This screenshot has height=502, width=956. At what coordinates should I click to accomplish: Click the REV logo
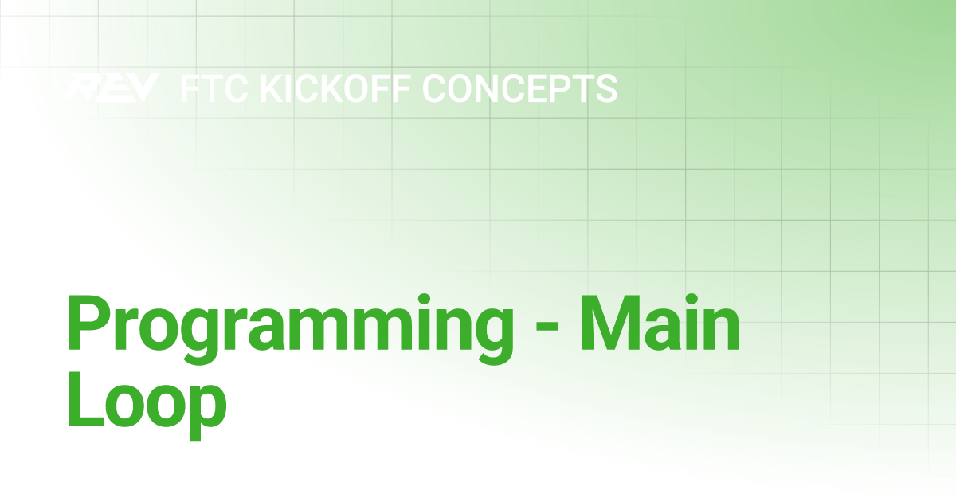click(112, 88)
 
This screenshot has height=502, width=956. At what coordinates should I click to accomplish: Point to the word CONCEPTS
click(520, 88)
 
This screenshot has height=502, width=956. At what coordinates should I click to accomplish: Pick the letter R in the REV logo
click(84, 88)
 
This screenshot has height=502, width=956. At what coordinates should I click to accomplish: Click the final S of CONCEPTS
click(605, 88)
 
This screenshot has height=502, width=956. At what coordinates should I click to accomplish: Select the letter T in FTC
click(214, 88)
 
